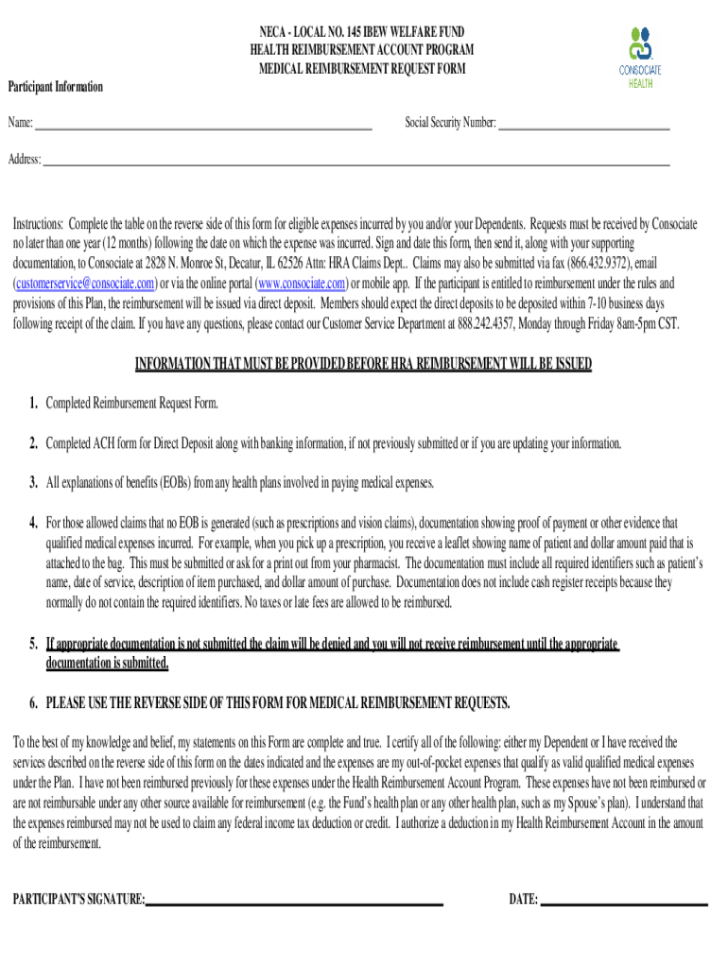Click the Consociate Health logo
[x=640, y=56]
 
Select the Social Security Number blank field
[x=583, y=125]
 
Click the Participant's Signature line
[x=294, y=903]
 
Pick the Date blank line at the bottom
[x=624, y=903]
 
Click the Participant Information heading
[x=56, y=88]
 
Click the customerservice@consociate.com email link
[x=84, y=284]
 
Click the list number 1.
[x=33, y=405]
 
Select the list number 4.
[x=33, y=523]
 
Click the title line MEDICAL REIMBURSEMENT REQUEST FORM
[x=362, y=68]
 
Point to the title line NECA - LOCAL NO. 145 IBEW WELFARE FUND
[x=362, y=30]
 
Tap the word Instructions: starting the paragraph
[x=38, y=224]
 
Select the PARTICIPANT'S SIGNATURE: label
[x=78, y=900]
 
